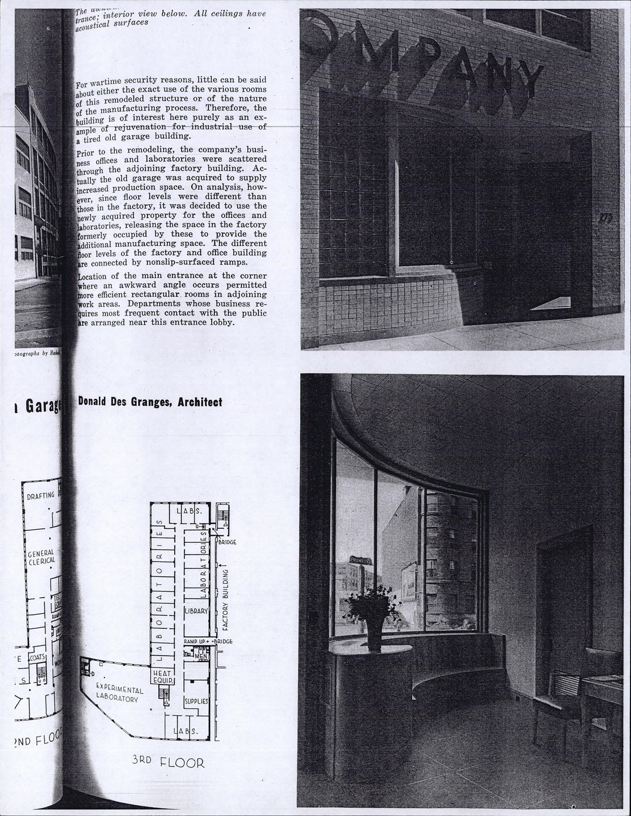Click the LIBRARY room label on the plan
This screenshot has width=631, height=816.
[196, 611]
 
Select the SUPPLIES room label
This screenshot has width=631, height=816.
[196, 701]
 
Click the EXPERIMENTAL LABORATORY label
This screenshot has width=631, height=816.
[119, 694]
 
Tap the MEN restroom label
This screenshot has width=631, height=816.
[201, 656]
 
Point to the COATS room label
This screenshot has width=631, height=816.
[38, 658]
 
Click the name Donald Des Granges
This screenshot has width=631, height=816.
[122, 403]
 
